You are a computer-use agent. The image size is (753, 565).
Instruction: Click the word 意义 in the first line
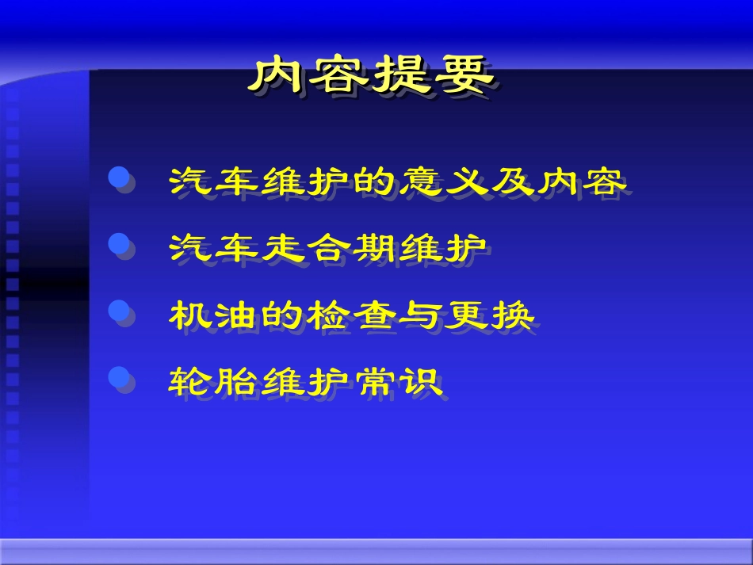[445, 181]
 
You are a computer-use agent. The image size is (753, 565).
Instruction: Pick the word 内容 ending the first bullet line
[583, 181]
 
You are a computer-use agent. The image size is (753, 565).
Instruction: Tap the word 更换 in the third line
[490, 315]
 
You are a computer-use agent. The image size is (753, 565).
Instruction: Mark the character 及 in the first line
[513, 181]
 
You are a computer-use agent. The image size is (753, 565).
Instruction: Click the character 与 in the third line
[422, 315]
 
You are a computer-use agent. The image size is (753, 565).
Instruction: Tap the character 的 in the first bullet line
[375, 181]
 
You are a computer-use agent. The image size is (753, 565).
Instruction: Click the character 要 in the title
[464, 76]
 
